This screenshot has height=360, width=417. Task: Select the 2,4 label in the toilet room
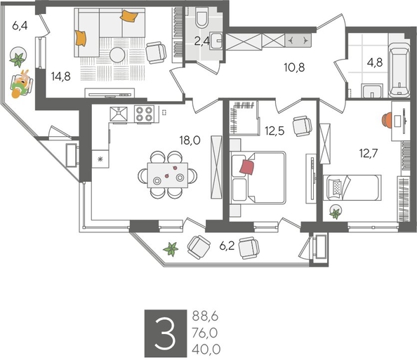201,40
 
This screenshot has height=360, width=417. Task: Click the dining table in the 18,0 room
168,172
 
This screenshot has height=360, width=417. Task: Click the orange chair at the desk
386,119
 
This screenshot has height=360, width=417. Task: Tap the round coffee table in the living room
117,55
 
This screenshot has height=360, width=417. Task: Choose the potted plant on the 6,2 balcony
170,247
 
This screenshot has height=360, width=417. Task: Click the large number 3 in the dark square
164,333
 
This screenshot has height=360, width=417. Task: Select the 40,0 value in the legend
205,348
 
